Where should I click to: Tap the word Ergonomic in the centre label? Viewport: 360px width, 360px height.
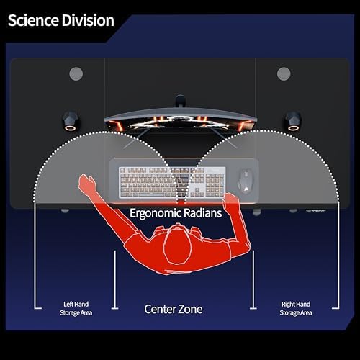pyautogui.click(x=156, y=213)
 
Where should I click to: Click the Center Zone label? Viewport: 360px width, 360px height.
pyautogui.click(x=174, y=309)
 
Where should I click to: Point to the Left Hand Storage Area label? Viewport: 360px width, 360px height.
pyautogui.click(x=76, y=309)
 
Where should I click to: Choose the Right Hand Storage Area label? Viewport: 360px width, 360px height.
pyautogui.click(x=296, y=309)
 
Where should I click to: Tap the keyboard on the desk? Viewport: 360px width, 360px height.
pyautogui.click(x=172, y=183)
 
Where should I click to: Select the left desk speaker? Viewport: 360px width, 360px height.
pyautogui.click(x=71, y=121)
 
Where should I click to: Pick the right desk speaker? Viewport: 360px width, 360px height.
pyautogui.click(x=294, y=121)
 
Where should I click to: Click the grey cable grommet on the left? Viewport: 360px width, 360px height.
pyautogui.click(x=76, y=73)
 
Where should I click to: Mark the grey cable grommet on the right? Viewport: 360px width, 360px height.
pyautogui.click(x=284, y=73)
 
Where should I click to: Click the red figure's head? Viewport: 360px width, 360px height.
pyautogui.click(x=178, y=245)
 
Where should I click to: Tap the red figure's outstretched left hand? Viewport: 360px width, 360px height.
pyautogui.click(x=86, y=182)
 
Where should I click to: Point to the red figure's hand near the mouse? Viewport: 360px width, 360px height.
pyautogui.click(x=230, y=200)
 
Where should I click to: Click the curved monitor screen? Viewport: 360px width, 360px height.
pyautogui.click(x=181, y=121)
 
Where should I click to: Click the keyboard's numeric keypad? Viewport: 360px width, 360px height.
pyautogui.click(x=215, y=184)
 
